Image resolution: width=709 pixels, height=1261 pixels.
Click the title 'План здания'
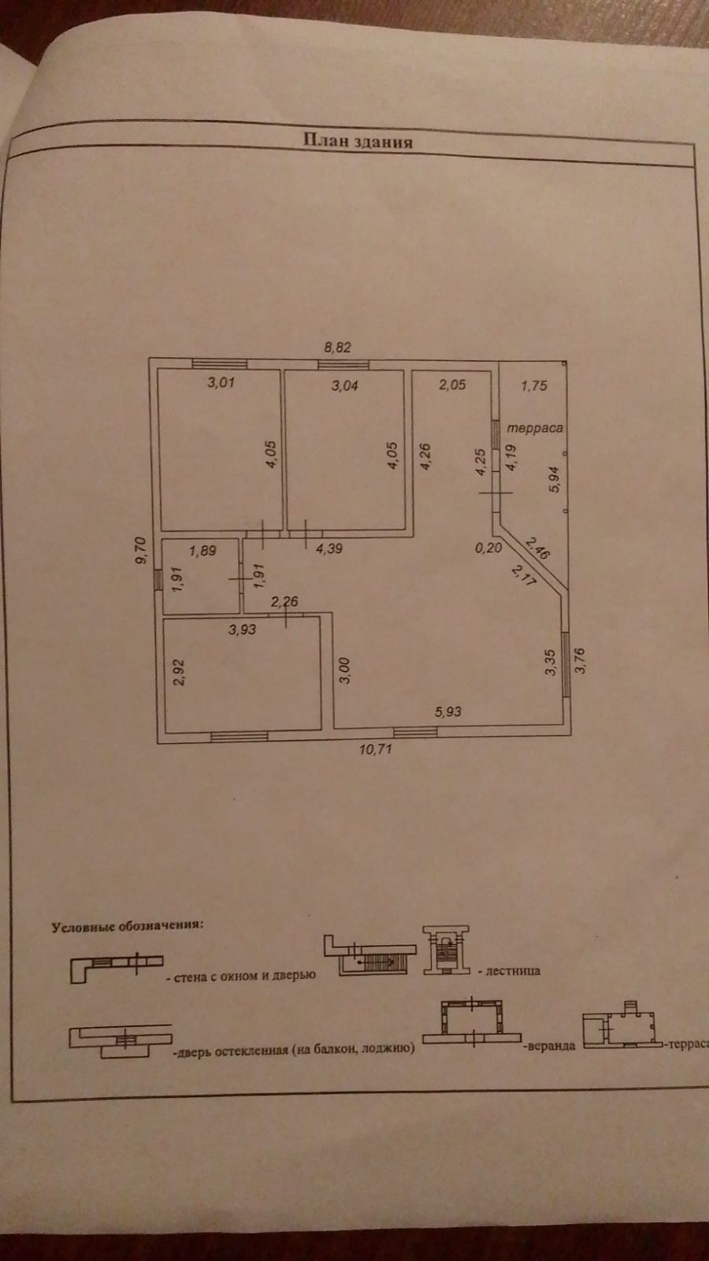pos(358,141)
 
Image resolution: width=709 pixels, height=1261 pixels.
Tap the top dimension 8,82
pos(337,347)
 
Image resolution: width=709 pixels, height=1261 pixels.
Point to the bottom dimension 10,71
pos(375,749)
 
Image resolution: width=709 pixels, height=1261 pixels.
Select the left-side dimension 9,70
pos(140,551)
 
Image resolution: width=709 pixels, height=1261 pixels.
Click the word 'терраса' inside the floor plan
pos(536,428)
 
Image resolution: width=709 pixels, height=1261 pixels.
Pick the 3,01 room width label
pos(221,383)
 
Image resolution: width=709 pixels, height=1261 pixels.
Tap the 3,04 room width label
pos(345,385)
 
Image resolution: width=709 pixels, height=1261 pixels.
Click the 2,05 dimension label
pos(452,385)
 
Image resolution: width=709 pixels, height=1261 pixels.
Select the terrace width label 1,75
pos(534,385)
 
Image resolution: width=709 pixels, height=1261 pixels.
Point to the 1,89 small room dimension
pos(202,550)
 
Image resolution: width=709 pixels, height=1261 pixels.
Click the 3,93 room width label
pos(242,629)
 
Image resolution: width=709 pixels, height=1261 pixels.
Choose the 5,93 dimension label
pos(448,711)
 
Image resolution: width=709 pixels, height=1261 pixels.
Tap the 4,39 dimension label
pos(329,549)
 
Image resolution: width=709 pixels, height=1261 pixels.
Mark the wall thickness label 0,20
pos(488,548)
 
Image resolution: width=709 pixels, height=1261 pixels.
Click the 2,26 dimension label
pos(284,601)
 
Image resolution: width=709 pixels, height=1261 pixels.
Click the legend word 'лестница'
pos(513,971)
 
